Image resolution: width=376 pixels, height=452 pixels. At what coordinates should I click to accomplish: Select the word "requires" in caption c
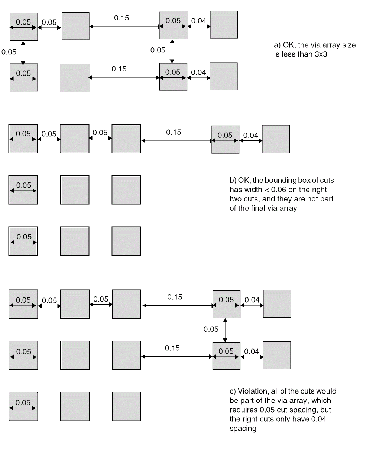[243, 410]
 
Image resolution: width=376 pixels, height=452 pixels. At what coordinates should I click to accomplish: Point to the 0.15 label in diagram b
[174, 132]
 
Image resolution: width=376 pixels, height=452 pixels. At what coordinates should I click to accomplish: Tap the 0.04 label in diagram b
[251, 135]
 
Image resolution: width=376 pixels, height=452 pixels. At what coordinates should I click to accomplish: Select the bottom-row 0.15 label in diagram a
[119, 69]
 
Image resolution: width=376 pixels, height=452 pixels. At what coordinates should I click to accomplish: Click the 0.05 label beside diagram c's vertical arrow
[211, 329]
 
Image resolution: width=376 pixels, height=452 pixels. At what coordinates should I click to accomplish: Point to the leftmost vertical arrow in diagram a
[23, 53]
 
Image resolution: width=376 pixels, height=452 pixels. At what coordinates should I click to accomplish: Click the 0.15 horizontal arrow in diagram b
[176, 141]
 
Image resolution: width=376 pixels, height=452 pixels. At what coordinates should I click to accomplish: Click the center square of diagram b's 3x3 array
[75, 190]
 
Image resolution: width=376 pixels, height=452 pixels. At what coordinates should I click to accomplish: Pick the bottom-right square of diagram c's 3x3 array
[126, 406]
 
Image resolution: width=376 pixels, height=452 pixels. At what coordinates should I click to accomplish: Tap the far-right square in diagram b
[276, 139]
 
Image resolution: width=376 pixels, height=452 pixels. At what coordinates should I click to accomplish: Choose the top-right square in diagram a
[224, 25]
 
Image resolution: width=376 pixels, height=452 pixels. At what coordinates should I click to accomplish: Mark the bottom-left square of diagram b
[23, 241]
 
